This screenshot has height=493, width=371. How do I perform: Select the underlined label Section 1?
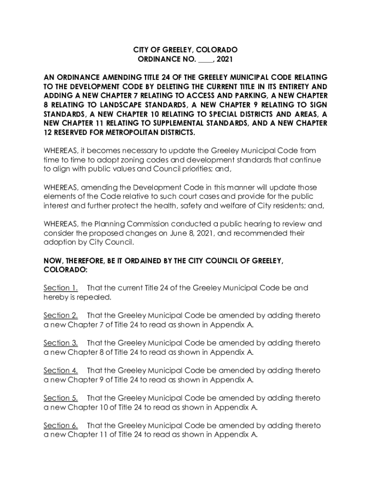[61, 288]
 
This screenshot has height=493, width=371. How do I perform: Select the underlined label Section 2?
[61, 315]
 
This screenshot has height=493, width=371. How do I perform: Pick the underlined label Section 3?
[61, 343]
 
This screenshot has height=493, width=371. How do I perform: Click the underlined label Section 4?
[61, 371]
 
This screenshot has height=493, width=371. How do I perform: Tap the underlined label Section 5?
[61, 398]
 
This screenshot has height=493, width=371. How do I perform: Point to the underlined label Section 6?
[61, 426]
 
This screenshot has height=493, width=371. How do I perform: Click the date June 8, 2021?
[189, 233]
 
